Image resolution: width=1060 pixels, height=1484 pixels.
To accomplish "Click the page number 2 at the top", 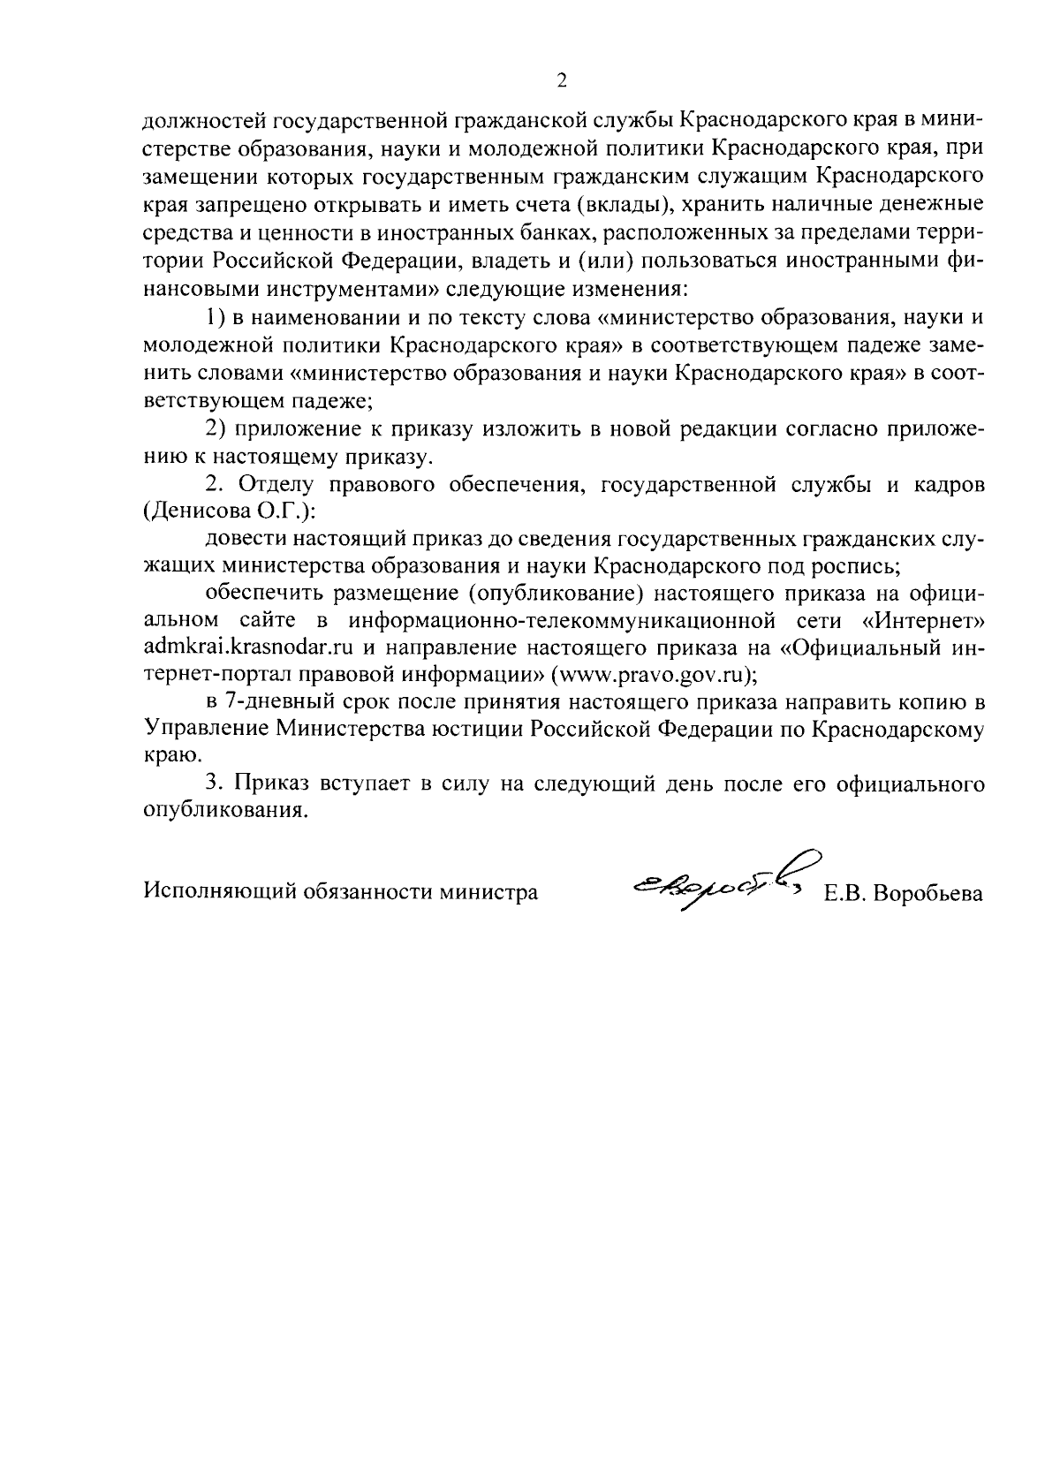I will pyautogui.click(x=561, y=81).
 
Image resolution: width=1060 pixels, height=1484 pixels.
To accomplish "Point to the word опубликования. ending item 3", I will pyautogui.click(x=227, y=811).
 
